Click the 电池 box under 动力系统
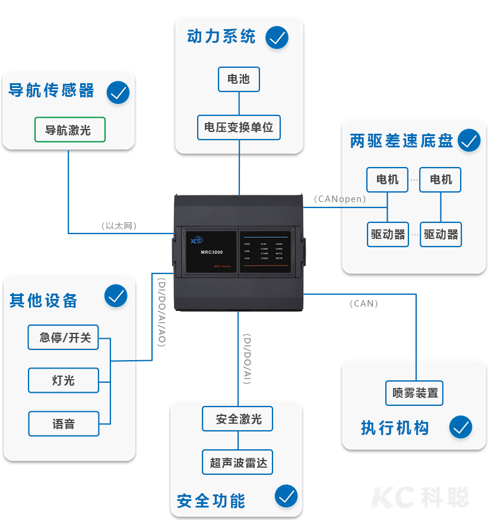tap(239, 79)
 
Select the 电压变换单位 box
tap(239, 127)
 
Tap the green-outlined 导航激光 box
tap(69, 130)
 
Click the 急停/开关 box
tap(64, 338)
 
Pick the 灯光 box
tap(64, 380)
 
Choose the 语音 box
tap(64, 424)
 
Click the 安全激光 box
tap(238, 419)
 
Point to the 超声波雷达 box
tap(238, 462)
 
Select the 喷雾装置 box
tap(415, 393)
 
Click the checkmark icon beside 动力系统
tap(277, 37)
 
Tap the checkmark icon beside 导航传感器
tap(118, 93)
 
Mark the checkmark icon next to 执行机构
tap(461, 427)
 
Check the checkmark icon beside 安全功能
tap(287, 496)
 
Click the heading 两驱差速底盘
tap(402, 141)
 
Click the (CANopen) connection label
tap(340, 199)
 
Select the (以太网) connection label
tap(119, 226)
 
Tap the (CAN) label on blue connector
tap(363, 303)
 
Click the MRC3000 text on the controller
tap(212, 252)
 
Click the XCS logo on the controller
tap(197, 241)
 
